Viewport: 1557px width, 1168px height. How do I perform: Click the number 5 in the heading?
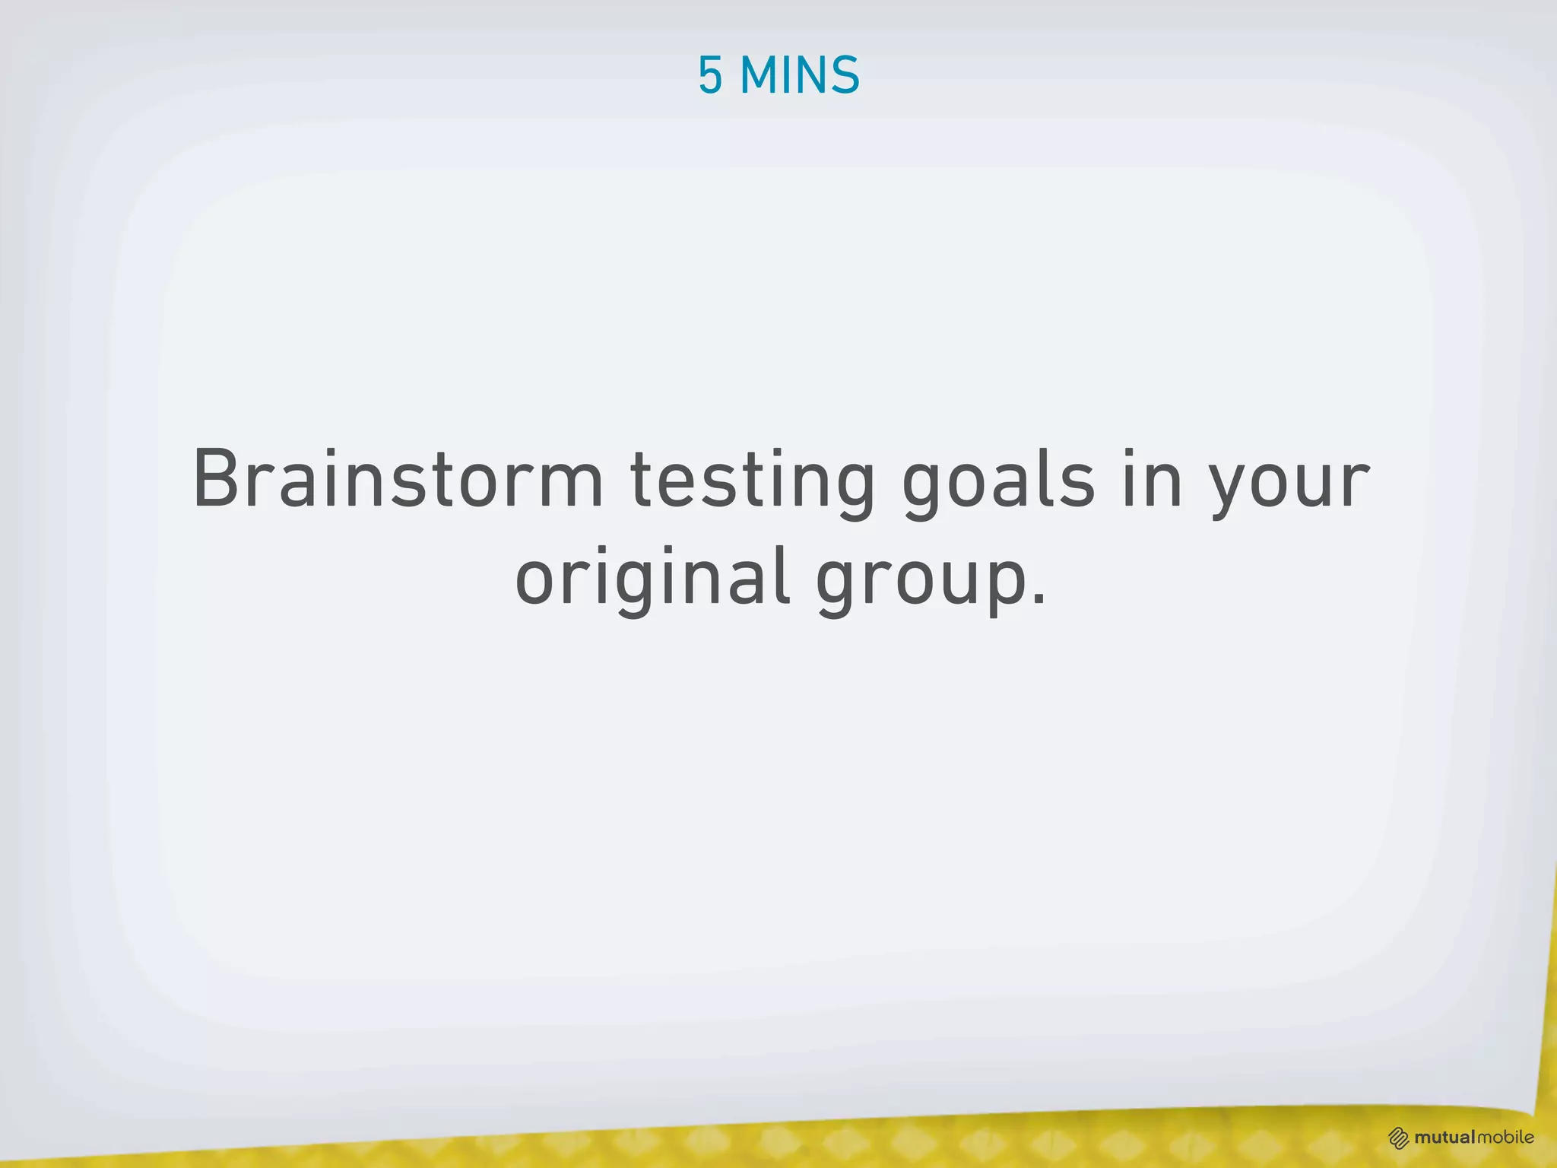click(710, 75)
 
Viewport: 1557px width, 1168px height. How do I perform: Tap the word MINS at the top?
click(799, 75)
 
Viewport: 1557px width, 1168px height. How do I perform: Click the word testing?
click(753, 483)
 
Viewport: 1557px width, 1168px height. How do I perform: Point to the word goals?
click(998, 483)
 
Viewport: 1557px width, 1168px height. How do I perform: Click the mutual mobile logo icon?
click(1399, 1138)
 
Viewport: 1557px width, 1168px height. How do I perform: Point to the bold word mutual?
click(1445, 1138)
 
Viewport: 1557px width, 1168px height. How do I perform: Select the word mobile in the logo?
click(1506, 1138)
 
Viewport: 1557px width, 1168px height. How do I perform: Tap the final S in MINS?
click(845, 75)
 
